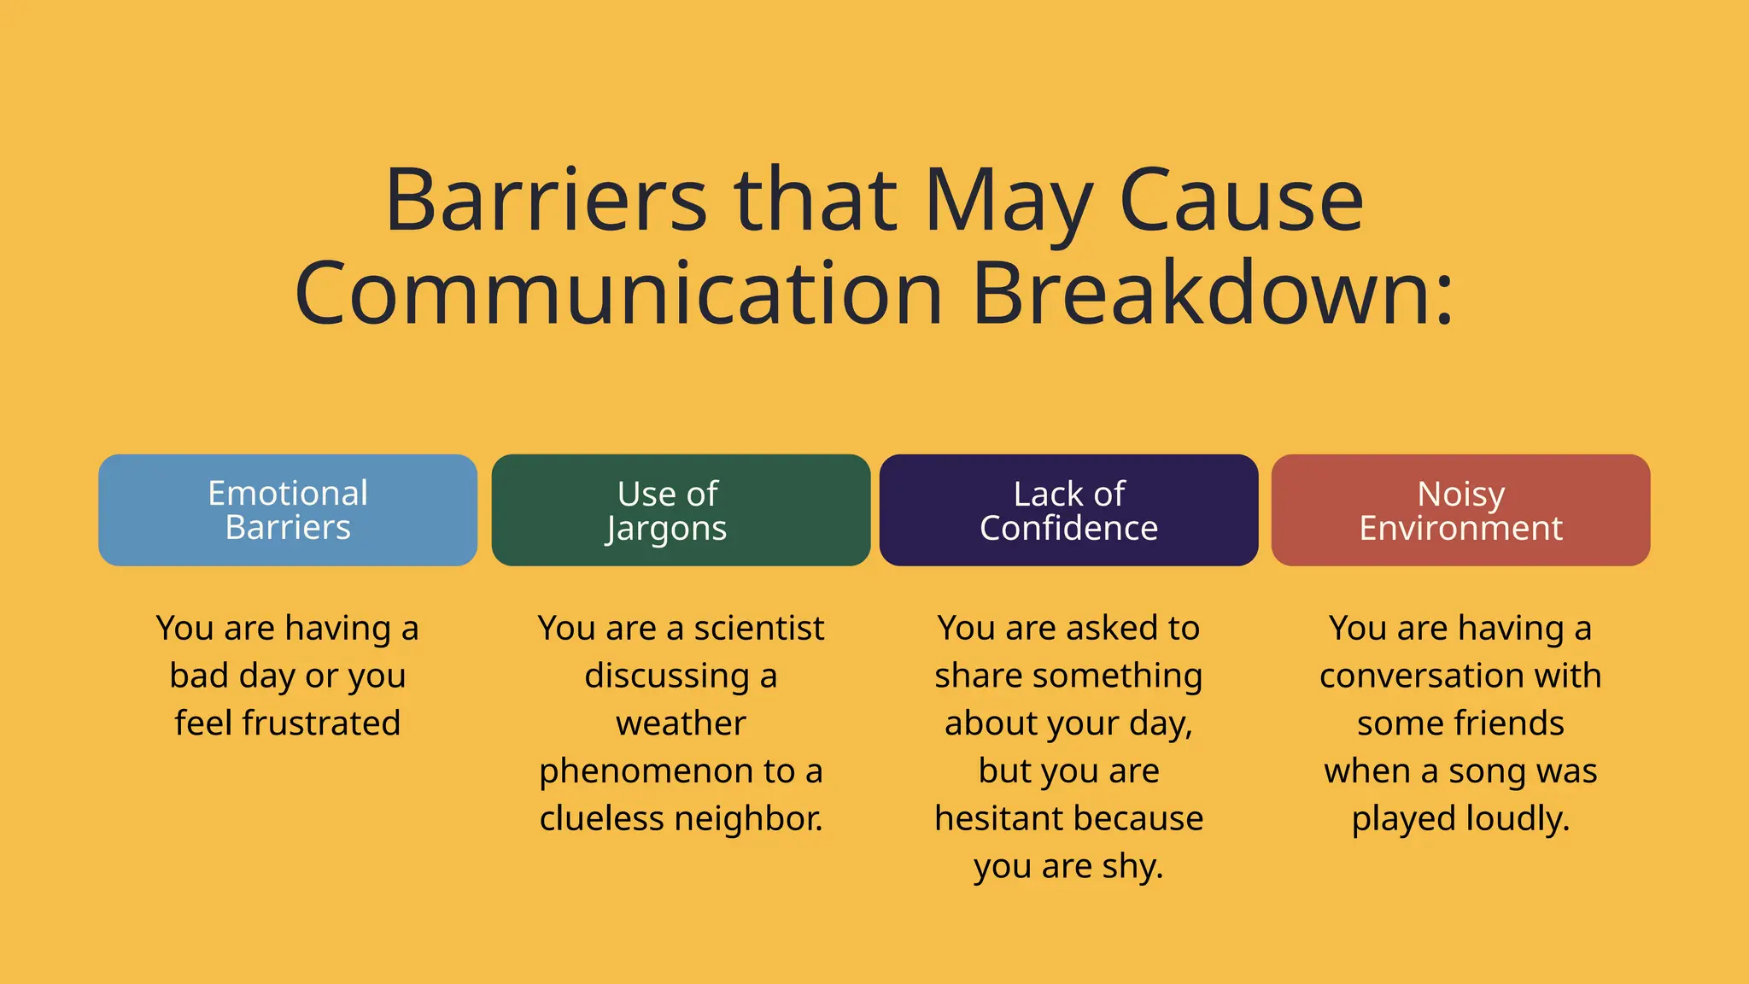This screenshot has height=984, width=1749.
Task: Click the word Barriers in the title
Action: [x=546, y=201]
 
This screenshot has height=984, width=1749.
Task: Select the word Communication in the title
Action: [x=618, y=293]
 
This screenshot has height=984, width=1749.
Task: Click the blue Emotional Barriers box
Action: [x=288, y=510]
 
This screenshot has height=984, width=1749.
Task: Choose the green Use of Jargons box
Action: [x=681, y=510]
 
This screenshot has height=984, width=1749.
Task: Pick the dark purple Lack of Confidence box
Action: [x=1068, y=510]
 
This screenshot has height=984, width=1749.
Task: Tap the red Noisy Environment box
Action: [x=1460, y=510]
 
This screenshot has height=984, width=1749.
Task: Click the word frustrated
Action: [x=321, y=723]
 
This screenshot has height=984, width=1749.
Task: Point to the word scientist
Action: [x=758, y=629]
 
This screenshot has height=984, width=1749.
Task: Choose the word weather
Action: [x=681, y=723]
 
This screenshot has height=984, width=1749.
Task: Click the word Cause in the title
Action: [x=1240, y=201]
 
